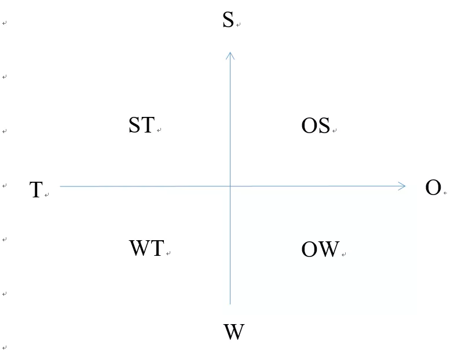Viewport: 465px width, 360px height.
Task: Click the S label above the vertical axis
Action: [228, 21]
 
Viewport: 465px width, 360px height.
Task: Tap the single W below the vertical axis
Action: [234, 332]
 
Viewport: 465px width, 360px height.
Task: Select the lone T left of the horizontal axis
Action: [36, 190]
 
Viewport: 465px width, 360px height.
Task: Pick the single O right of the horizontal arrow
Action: [433, 188]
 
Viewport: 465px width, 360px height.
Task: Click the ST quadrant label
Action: [141, 125]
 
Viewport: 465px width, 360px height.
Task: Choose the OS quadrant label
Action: [316, 126]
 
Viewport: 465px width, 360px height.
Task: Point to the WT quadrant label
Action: [145, 249]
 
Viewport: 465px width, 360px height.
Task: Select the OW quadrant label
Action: [320, 249]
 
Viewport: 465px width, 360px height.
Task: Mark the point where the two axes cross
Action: [230, 186]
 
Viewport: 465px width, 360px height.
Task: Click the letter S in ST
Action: [135, 125]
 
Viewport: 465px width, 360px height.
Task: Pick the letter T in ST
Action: [148, 125]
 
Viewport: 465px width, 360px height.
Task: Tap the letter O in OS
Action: [309, 126]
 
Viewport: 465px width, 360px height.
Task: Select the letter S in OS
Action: [323, 126]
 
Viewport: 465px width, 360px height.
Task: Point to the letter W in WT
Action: [139, 249]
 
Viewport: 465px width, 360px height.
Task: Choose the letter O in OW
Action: [309, 249]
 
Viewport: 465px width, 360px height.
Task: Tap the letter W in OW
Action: [328, 249]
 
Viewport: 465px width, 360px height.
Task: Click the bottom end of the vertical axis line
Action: [230, 303]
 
